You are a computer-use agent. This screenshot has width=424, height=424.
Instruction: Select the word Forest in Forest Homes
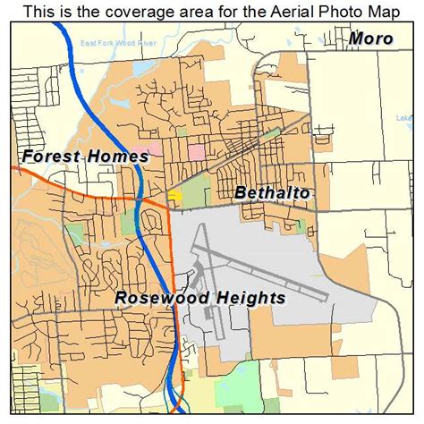tap(52, 157)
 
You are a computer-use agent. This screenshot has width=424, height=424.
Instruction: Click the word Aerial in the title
tap(264, 10)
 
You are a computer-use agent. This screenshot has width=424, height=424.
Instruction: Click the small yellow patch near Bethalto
tap(175, 194)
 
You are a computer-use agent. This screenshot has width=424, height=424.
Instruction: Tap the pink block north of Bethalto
tap(196, 150)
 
